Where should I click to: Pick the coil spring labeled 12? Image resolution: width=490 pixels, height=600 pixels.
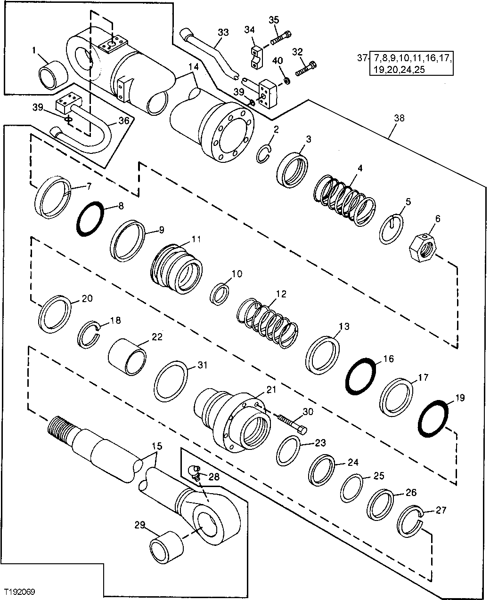268,324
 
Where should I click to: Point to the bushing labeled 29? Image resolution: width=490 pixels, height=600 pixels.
166,547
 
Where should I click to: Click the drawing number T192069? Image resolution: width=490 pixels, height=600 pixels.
20,591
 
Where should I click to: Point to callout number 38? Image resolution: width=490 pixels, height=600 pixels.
399,119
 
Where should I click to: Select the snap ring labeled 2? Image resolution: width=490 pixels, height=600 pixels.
265,154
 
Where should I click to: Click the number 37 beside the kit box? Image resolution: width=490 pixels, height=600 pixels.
361,58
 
